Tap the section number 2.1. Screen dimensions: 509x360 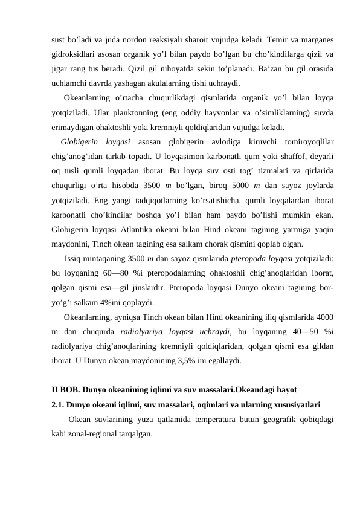[58, 404]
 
